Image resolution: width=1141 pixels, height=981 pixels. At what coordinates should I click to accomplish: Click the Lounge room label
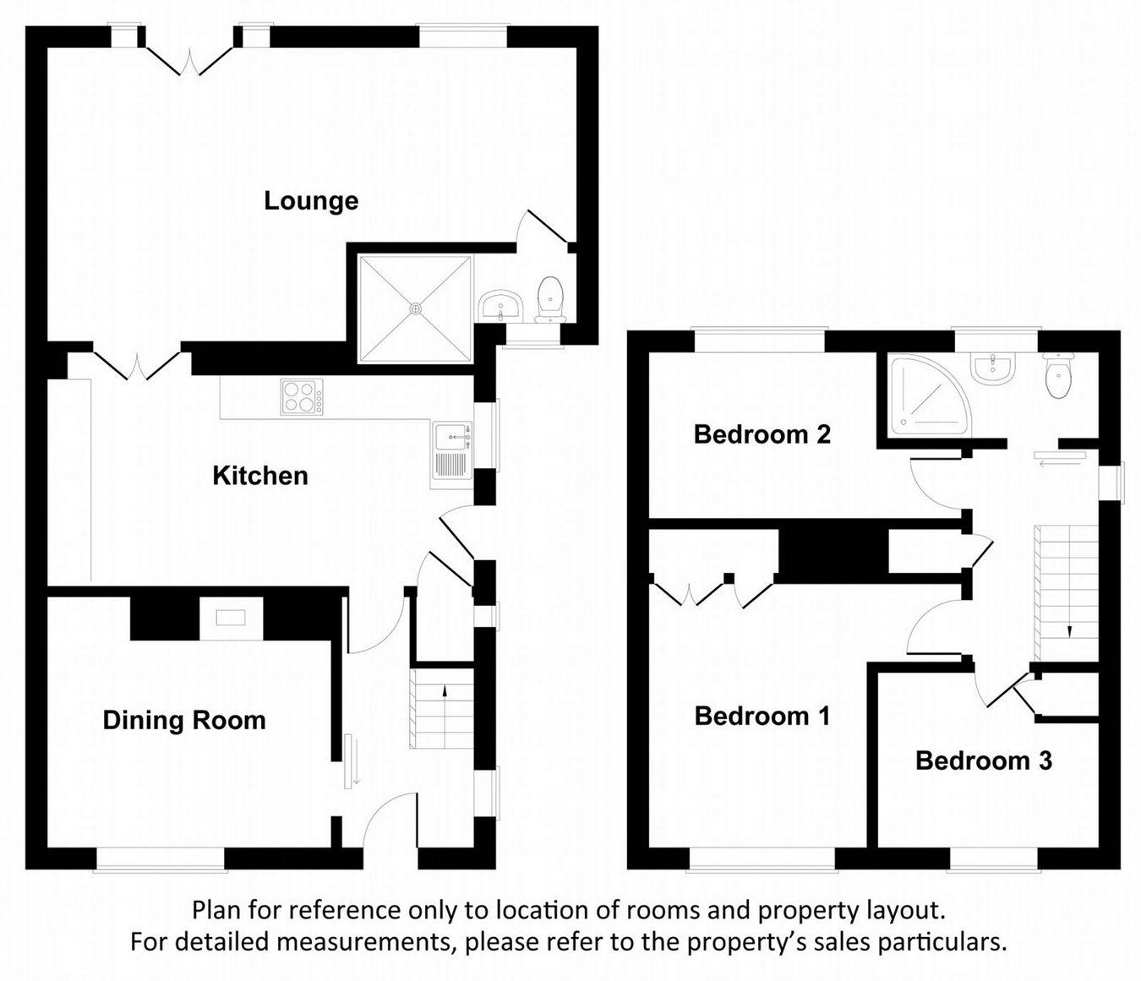coord(311,201)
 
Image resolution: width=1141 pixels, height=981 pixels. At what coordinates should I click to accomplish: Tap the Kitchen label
coord(259,476)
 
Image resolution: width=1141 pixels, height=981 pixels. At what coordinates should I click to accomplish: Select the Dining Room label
coord(184,720)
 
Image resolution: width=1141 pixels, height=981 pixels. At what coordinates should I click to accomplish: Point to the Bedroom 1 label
coord(762,717)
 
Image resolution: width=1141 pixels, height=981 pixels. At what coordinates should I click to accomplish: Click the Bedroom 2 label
coord(762,434)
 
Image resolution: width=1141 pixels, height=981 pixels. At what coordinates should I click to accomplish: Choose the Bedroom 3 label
coord(983,760)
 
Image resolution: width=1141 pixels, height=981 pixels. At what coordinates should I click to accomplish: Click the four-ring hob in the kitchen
coord(302,397)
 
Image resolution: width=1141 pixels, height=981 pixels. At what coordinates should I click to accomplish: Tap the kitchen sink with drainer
coord(452,455)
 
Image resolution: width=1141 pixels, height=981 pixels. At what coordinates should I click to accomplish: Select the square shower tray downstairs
coord(414,308)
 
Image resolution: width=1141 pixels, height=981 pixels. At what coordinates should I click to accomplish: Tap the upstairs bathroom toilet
coord(1058,376)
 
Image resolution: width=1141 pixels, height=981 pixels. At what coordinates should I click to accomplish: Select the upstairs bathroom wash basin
coord(992,368)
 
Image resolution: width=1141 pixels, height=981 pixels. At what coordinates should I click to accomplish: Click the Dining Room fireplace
coord(231,619)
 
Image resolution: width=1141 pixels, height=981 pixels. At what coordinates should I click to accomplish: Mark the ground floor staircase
coord(441,708)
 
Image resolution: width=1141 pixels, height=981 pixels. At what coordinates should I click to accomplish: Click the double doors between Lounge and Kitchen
coord(136,364)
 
